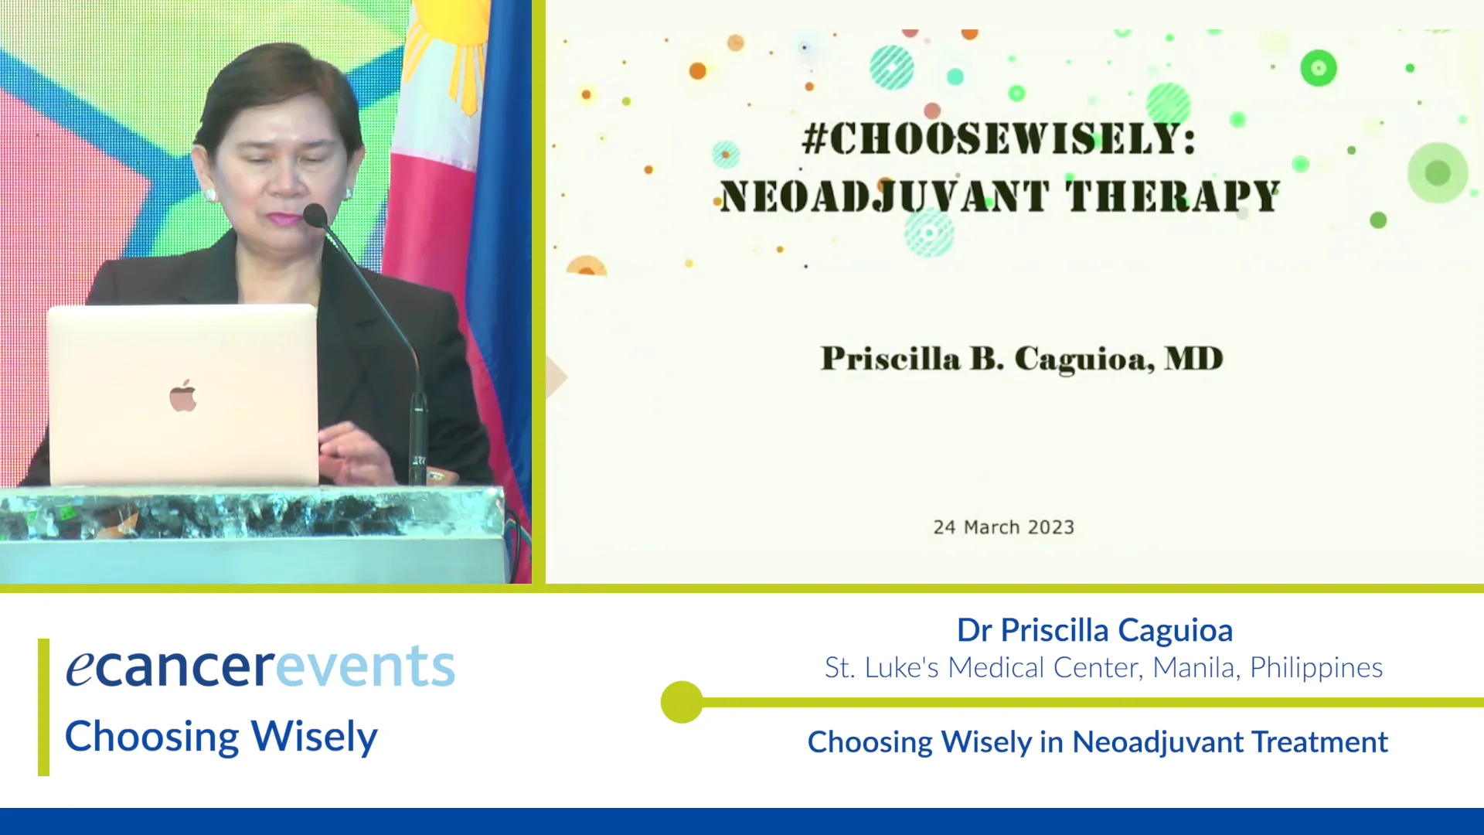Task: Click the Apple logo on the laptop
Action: point(183,396)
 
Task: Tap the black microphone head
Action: point(315,215)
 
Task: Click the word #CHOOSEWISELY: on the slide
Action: point(999,139)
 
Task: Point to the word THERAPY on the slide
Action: point(1173,196)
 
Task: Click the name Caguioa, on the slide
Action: point(1084,360)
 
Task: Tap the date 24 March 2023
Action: point(1003,527)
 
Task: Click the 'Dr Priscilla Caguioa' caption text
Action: point(1094,630)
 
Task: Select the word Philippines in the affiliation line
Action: point(1316,668)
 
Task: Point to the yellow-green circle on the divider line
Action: point(682,702)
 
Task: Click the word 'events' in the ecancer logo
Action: point(366,666)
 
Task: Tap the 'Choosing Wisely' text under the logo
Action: point(221,737)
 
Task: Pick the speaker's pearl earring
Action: point(210,194)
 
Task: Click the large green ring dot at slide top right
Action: point(1319,68)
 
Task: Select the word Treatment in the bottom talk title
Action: point(1320,742)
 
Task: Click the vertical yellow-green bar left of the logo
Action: point(43,707)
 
